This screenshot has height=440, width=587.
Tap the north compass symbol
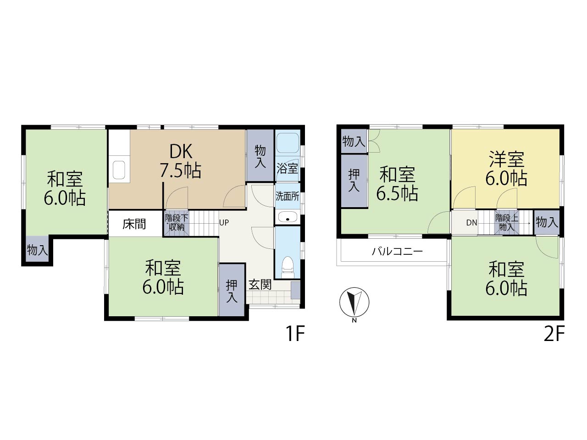(x=354, y=302)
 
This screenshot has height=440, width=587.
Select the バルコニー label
(x=398, y=251)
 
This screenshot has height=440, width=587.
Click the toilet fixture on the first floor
(x=288, y=267)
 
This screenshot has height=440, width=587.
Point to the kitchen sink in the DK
(x=119, y=170)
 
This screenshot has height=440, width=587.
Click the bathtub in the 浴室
(x=288, y=143)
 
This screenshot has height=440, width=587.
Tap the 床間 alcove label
(x=134, y=224)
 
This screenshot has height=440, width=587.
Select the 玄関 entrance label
(x=260, y=284)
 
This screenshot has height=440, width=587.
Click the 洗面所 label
(x=288, y=196)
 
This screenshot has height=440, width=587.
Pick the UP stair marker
(x=224, y=223)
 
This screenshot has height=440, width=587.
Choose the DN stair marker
(x=471, y=223)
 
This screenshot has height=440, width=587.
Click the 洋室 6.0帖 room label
(x=506, y=168)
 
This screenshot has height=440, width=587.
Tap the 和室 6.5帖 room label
(x=397, y=183)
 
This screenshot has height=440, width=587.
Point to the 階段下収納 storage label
(x=177, y=223)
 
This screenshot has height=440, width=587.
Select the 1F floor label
(x=295, y=334)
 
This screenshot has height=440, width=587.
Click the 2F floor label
(x=554, y=334)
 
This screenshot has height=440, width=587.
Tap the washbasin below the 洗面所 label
(x=288, y=217)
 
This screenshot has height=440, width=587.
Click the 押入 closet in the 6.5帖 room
(x=354, y=181)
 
